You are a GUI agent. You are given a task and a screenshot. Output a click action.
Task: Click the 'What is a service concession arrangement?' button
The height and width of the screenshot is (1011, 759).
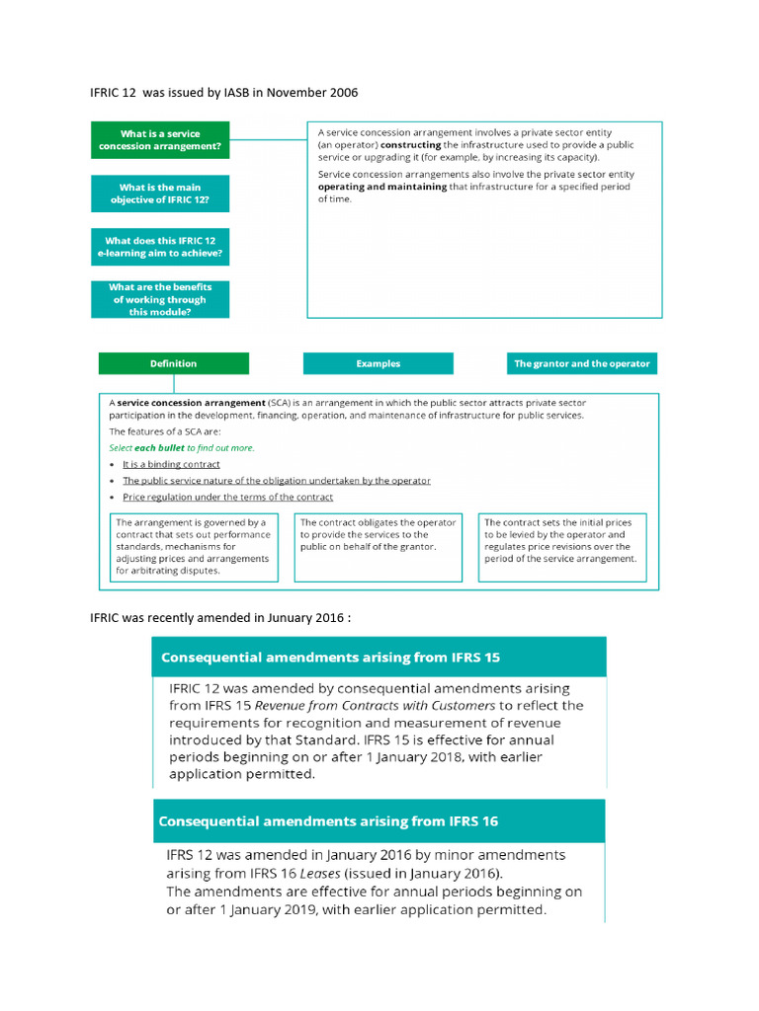point(160,141)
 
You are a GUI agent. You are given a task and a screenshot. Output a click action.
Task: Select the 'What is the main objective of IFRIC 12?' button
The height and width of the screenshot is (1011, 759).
point(160,194)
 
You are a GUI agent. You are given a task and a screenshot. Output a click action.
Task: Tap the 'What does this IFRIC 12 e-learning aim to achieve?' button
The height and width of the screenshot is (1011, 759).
point(160,247)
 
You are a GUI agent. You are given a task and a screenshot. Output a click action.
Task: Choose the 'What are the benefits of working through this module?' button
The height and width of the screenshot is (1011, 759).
point(160,299)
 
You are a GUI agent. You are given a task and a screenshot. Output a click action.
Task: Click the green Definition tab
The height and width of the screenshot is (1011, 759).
point(173,363)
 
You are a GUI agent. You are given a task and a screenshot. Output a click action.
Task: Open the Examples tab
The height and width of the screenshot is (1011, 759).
point(378,363)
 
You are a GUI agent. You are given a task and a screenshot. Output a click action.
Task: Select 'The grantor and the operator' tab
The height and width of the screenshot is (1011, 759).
point(581,363)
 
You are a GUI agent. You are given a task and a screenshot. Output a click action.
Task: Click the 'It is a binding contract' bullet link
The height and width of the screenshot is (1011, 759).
point(171,464)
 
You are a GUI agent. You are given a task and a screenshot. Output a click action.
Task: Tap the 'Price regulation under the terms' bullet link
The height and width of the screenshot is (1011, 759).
point(227,498)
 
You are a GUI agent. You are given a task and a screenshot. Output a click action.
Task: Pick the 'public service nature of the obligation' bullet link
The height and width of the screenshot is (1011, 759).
point(276,481)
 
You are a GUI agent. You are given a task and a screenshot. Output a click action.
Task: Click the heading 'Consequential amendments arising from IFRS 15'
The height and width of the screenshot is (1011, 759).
point(331,657)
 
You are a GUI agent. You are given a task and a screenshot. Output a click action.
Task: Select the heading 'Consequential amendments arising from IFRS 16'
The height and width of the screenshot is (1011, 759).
point(328,821)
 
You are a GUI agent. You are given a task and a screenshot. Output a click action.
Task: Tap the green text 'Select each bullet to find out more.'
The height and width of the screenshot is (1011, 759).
point(181,447)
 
